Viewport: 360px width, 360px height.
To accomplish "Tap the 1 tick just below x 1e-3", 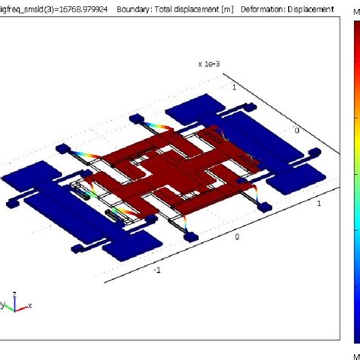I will click(234, 87).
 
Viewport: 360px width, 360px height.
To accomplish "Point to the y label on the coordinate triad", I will click(4, 305).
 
